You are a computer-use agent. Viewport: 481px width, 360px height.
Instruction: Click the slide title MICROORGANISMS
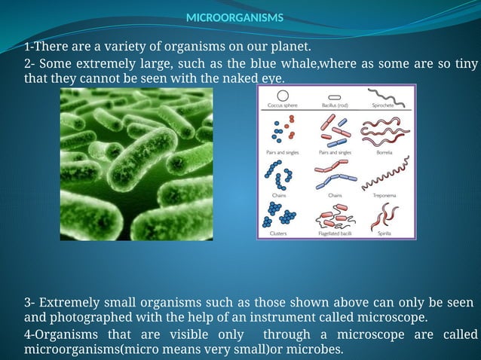pos(234,17)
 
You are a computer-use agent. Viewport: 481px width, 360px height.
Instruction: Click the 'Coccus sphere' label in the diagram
pos(283,106)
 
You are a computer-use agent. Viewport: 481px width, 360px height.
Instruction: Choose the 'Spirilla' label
pos(384,233)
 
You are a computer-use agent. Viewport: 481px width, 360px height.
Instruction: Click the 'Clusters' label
pos(278,233)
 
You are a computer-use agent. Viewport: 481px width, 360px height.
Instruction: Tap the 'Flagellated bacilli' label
pos(335,233)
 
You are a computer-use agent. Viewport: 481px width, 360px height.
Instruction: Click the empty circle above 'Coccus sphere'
pos(283,95)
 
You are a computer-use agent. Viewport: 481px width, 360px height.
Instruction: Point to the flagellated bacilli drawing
pos(335,218)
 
